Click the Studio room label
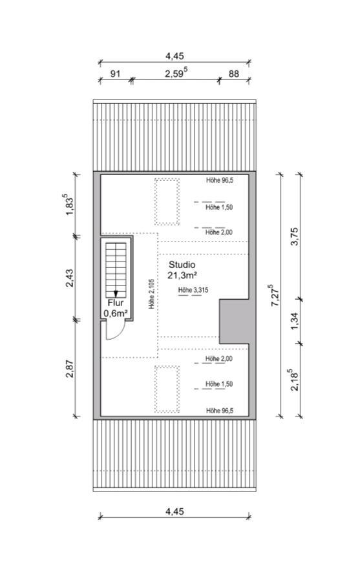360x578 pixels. pyautogui.click(x=182, y=265)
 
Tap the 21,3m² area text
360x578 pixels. pyautogui.click(x=182, y=275)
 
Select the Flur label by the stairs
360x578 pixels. pyautogui.click(x=116, y=303)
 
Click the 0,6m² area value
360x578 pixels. pyautogui.click(x=116, y=314)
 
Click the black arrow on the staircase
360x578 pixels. pyautogui.click(x=116, y=294)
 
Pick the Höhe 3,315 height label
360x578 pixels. pyautogui.click(x=193, y=290)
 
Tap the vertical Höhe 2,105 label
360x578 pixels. pyautogui.click(x=152, y=293)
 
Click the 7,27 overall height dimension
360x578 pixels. pyautogui.click(x=275, y=295)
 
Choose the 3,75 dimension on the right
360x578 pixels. pyautogui.click(x=295, y=236)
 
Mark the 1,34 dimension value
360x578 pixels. pyautogui.click(x=295, y=322)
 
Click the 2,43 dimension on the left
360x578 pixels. pyautogui.click(x=69, y=278)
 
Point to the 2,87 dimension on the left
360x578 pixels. pyautogui.click(x=69, y=368)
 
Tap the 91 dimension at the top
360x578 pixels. pyautogui.click(x=116, y=74)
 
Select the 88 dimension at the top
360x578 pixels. pyautogui.click(x=233, y=74)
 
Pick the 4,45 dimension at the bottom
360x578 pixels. pyautogui.click(x=175, y=511)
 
